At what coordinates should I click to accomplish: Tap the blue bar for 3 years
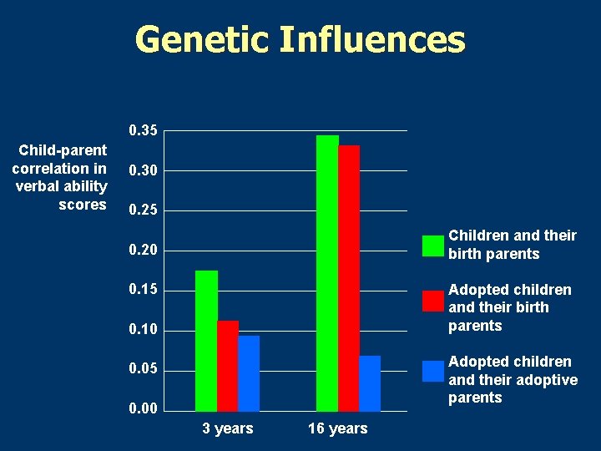[x=249, y=373]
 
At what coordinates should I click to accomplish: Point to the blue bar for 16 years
[x=370, y=383]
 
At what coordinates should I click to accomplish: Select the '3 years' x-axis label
[x=227, y=428]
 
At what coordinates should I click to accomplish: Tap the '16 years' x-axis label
[x=337, y=428]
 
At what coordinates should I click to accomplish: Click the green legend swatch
[x=433, y=246]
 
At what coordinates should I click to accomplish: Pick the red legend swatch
[x=433, y=301]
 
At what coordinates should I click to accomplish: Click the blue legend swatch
[x=433, y=371]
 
